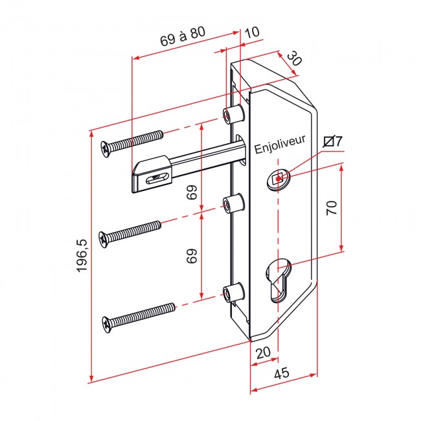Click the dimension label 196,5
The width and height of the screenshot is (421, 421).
82,255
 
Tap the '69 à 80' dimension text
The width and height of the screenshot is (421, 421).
183,36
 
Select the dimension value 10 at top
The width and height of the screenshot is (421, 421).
253,32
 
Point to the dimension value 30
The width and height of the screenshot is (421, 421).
295,59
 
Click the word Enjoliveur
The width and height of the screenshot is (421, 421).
280,144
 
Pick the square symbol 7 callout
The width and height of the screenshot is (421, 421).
333,141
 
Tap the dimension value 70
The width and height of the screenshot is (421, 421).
332,207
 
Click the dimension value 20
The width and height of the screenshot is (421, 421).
264,352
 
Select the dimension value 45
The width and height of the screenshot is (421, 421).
282,373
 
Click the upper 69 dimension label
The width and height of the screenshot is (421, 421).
192,192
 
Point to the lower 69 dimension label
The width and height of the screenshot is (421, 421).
192,256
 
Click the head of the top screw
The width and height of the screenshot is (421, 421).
106,149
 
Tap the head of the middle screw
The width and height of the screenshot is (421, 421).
104,239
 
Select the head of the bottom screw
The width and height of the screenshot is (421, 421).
107,324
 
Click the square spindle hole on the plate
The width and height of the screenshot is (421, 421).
279,179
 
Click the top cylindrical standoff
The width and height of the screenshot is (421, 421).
233,115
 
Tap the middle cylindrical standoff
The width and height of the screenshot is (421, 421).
233,203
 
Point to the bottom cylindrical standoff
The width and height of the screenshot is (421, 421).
233,292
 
